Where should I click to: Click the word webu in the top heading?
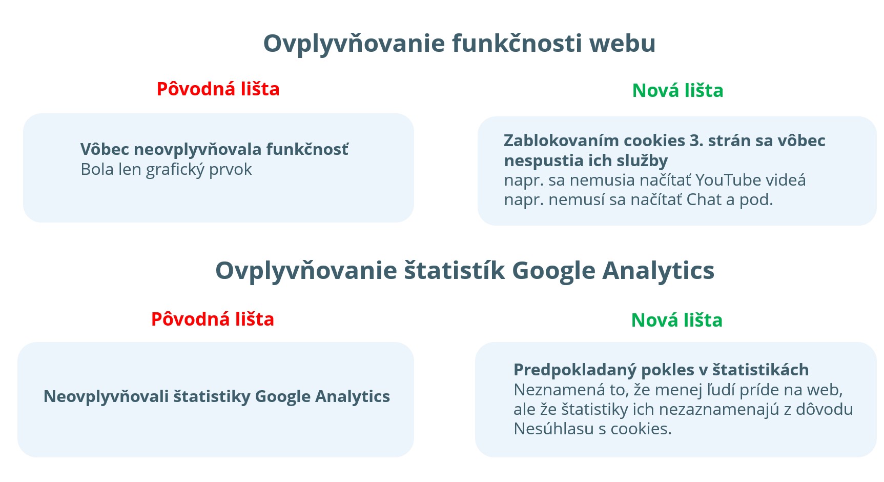click(622, 43)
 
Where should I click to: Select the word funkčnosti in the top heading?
click(518, 43)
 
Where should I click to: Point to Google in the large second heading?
click(554, 271)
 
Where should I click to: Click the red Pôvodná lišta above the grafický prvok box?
click(218, 89)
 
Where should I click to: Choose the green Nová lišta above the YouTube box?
click(677, 90)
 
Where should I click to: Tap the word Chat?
click(704, 199)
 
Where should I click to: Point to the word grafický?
click(176, 170)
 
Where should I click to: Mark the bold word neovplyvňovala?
click(197, 150)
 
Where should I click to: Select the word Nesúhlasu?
click(554, 429)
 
